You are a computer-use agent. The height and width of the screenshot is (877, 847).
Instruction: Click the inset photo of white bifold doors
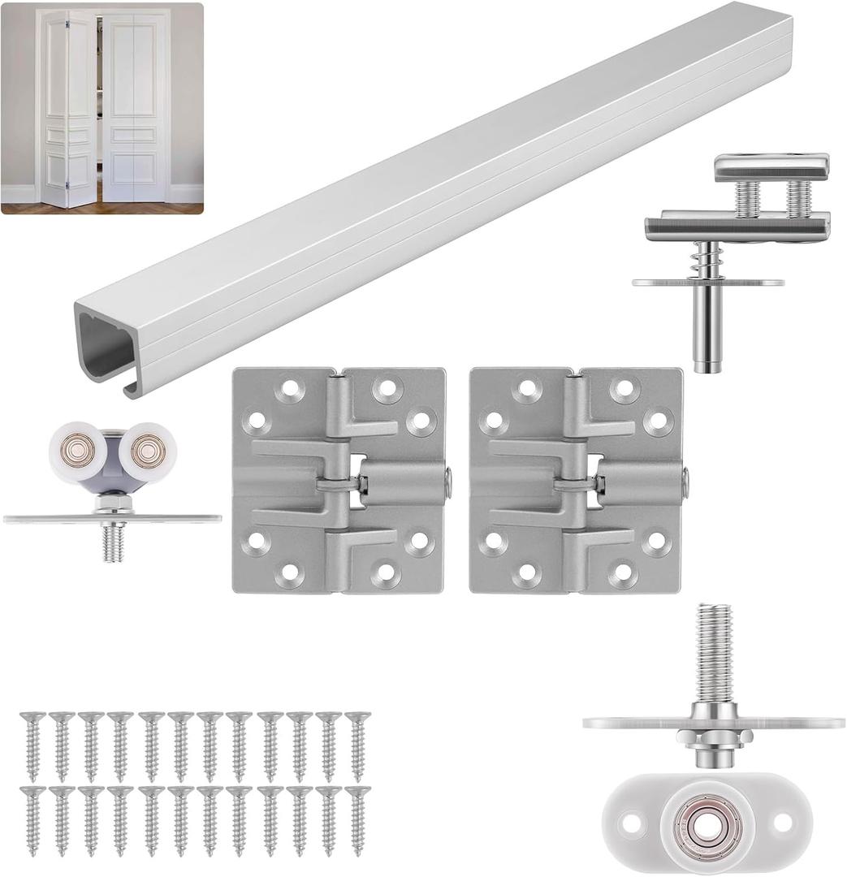(x=102, y=108)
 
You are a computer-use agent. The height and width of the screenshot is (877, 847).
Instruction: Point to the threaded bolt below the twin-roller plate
(x=114, y=543)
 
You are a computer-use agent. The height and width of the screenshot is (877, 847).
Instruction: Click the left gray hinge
(x=339, y=480)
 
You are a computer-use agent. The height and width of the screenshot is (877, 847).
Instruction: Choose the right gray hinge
(x=576, y=480)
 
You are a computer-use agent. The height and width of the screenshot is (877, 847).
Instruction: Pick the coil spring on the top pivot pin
(x=707, y=262)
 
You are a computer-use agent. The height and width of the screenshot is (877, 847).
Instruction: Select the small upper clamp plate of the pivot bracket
(x=771, y=167)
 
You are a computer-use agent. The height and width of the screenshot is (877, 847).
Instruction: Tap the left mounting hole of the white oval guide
(x=629, y=822)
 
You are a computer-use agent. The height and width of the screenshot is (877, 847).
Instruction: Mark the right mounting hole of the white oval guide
(x=783, y=822)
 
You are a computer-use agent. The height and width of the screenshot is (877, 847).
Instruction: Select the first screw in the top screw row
(x=32, y=745)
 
